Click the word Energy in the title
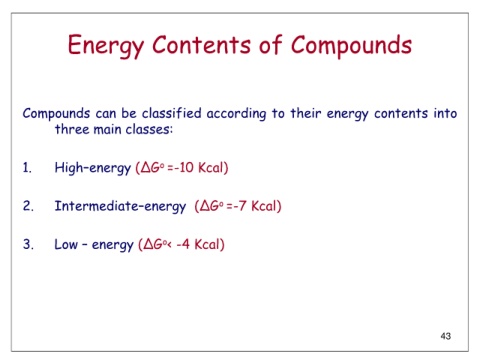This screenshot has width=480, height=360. (106, 45)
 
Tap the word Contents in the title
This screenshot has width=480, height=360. (201, 44)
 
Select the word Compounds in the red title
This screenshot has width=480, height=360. (351, 46)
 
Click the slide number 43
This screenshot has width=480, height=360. (446, 336)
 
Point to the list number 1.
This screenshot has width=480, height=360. (27, 167)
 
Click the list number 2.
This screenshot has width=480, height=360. (28, 206)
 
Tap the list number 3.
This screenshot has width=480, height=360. (28, 244)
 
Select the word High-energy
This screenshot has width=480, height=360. (93, 168)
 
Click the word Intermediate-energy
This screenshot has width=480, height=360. (120, 206)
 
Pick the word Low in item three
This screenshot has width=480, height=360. (66, 244)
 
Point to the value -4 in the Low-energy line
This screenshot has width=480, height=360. (183, 244)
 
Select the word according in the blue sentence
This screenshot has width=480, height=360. (236, 114)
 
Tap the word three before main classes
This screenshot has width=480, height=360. (72, 129)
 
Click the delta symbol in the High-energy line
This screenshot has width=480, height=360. (146, 167)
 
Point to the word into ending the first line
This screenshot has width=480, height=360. (445, 113)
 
